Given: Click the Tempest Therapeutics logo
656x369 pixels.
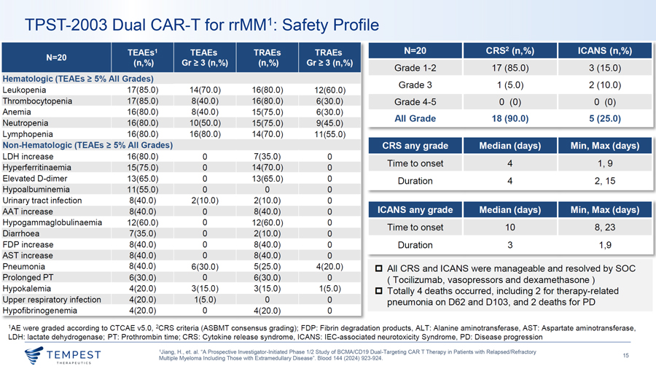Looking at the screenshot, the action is coord(63,355).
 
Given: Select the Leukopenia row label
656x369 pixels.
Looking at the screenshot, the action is coord(24,90).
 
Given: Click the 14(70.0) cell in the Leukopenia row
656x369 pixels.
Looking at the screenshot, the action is coord(205,90).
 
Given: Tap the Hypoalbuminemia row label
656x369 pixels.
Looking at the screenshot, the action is coord(36,190).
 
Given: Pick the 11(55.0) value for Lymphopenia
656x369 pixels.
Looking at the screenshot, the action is coord(330,134).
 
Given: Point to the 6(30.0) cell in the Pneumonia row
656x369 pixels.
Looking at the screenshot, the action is coord(205,266).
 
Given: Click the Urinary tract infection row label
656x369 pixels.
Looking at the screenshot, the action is coord(42,201).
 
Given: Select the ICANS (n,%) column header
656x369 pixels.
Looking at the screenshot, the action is coord(605,50).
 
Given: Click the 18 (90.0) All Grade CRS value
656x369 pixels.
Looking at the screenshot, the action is coord(510,118).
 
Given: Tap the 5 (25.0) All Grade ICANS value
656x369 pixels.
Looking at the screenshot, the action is coord(605,118).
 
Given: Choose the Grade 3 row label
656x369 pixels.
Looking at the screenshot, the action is coord(415,85).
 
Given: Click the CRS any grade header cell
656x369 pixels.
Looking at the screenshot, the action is coord(415,146).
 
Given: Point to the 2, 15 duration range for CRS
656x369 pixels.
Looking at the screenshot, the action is coord(605,181).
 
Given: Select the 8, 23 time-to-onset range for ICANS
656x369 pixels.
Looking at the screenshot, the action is coord(605,228).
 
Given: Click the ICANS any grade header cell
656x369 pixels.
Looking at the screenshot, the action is coord(415,209).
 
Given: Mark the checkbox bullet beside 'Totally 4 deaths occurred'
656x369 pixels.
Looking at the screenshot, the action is coord(378,291).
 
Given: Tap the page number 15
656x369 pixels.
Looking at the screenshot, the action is coord(626,355).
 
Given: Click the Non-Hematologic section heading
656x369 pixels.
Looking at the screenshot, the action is coord(87,145).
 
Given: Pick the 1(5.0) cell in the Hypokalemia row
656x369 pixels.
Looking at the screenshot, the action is coord(330,289).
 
